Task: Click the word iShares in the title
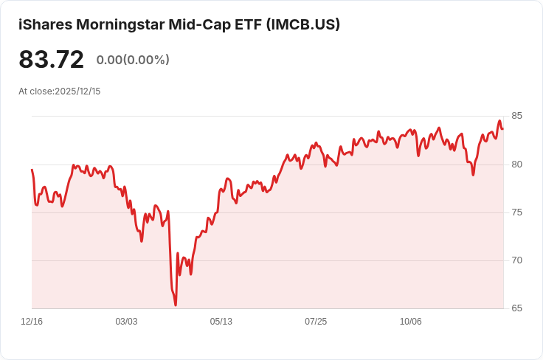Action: pyautogui.click(x=44, y=24)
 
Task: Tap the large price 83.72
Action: pyautogui.click(x=51, y=59)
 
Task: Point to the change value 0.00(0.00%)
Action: pyautogui.click(x=133, y=60)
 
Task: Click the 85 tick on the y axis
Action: pyautogui.click(x=516, y=116)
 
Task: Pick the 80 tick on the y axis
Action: pyautogui.click(x=516, y=164)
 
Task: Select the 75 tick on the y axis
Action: pyautogui.click(x=516, y=212)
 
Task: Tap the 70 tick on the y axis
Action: pyautogui.click(x=516, y=260)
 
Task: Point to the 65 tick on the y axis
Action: pyautogui.click(x=516, y=308)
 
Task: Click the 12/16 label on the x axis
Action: pyautogui.click(x=32, y=322)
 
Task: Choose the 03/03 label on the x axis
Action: pyautogui.click(x=126, y=322)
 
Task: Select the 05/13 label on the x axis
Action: pyautogui.click(x=221, y=322)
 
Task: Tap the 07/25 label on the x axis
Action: pyautogui.click(x=316, y=322)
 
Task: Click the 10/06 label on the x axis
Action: pyautogui.click(x=410, y=322)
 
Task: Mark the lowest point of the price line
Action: pyautogui.click(x=176, y=305)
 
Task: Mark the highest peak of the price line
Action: pyautogui.click(x=499, y=121)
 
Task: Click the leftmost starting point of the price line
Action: pyautogui.click(x=32, y=170)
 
